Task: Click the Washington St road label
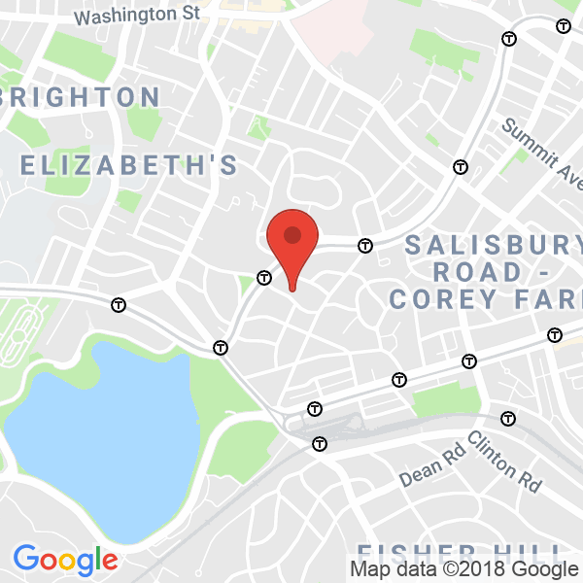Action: (x=136, y=16)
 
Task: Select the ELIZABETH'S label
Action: (x=129, y=165)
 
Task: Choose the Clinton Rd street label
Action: (x=504, y=461)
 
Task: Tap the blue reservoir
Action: (x=107, y=437)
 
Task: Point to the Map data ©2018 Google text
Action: (x=463, y=569)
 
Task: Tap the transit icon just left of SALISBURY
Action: (x=365, y=246)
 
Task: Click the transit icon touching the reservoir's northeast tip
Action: (x=222, y=347)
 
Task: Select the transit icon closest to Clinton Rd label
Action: (x=507, y=419)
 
